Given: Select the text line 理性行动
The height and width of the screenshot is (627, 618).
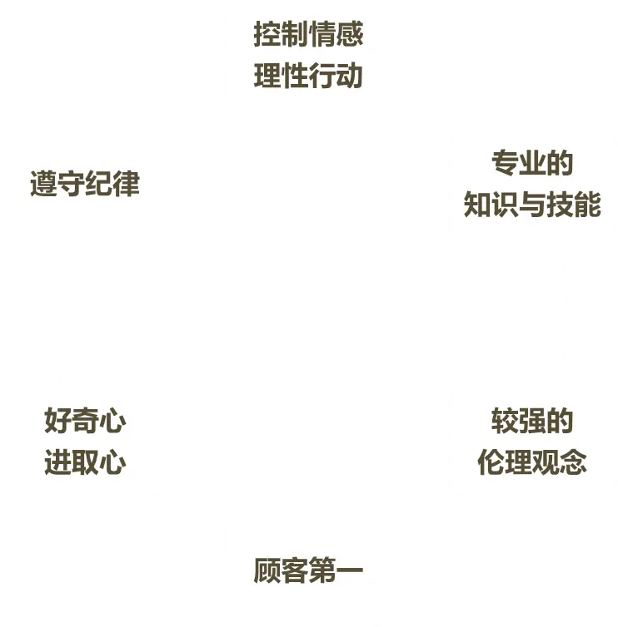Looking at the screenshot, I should [x=308, y=77].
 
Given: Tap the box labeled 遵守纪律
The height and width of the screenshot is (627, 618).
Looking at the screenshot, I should [x=85, y=185].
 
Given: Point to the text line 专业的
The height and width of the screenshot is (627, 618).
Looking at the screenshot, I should [x=532, y=164].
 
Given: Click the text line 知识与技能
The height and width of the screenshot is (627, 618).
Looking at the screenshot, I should [x=532, y=205].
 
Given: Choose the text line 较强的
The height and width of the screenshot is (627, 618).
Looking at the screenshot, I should [x=532, y=422].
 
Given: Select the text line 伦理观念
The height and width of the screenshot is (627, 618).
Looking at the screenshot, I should [x=532, y=462].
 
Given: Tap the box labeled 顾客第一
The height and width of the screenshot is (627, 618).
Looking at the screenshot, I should [x=308, y=572].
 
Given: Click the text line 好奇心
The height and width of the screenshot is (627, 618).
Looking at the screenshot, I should [x=85, y=422].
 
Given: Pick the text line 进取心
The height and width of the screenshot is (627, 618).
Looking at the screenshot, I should [x=85, y=462].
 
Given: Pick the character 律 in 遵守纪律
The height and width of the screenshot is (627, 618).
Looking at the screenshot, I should [x=127, y=185].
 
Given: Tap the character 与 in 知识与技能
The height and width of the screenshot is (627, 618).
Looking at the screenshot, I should [x=532, y=205].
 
